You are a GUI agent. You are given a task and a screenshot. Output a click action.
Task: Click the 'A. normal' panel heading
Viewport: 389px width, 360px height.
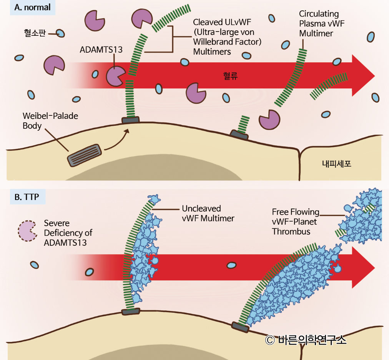(x=32, y=8)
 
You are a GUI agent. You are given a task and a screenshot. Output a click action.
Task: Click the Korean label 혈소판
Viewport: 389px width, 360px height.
(x=35, y=33)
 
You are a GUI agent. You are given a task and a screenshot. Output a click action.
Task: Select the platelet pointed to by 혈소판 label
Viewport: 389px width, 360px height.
(x=60, y=33)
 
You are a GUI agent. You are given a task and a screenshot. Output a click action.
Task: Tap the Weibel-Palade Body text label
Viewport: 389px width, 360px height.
(x=50, y=121)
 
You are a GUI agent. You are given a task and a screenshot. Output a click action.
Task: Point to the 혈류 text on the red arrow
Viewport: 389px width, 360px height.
(x=230, y=76)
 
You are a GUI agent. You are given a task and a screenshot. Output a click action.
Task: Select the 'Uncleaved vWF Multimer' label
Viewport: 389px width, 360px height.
(x=208, y=213)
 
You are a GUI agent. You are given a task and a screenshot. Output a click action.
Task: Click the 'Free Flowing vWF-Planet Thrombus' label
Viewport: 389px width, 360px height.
(x=295, y=222)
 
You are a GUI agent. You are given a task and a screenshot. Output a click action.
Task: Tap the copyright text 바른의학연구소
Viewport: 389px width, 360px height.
(x=306, y=340)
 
